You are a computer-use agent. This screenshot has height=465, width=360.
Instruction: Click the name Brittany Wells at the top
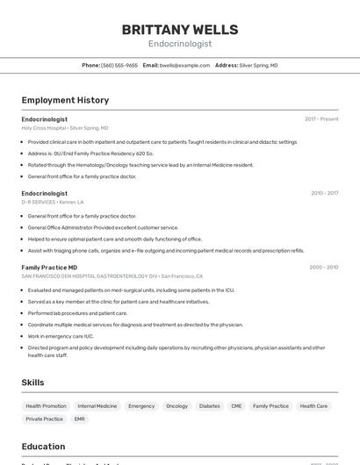pos(179,29)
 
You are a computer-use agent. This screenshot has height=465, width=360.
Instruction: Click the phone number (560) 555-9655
pos(119,65)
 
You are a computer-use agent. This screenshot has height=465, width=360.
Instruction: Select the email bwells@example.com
pos(178,65)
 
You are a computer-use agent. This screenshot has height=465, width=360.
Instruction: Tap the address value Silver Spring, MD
pos(258,65)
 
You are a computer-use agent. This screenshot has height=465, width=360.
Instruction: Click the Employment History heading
pos(65,100)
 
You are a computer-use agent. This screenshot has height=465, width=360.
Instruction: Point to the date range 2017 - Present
pos(321,119)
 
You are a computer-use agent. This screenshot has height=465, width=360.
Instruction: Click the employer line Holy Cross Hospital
pos(65,128)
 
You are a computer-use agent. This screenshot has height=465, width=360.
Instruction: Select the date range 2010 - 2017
pos(324,193)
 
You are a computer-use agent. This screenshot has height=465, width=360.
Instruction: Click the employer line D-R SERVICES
pos(53,202)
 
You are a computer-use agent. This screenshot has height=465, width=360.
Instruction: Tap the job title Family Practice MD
pos(49,267)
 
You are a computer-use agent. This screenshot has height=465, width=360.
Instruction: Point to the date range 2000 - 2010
pos(323,267)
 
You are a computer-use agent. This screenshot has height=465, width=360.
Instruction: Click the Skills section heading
pos(32,383)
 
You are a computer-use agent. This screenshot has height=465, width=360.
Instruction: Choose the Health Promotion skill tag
pos(46,406)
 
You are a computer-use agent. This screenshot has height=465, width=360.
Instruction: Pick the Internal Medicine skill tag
pos(97,406)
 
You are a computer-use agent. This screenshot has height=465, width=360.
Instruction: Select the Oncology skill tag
pos(176,406)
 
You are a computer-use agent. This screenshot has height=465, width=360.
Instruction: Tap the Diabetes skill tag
pos(209,406)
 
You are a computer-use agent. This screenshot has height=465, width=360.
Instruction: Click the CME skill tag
pos(236,406)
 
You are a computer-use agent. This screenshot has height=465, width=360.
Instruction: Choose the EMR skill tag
pos(80,419)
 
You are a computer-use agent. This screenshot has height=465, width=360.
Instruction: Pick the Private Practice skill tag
pos(44,419)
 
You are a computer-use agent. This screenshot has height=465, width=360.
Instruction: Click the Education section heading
pos(43,446)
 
